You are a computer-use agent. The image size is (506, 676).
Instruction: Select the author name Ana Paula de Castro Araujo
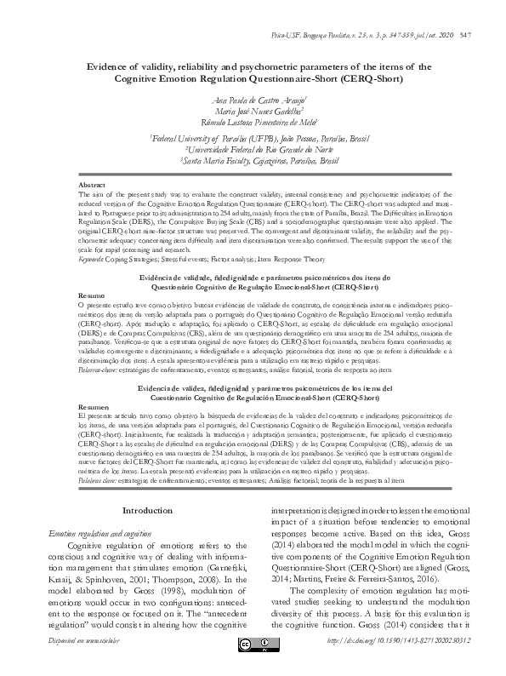pos(253,100)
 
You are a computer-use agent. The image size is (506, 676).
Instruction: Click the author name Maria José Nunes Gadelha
pos(253,112)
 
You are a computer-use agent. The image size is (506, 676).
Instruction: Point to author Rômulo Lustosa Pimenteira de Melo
pos(253,123)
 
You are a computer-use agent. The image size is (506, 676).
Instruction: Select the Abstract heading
pos(91,185)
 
